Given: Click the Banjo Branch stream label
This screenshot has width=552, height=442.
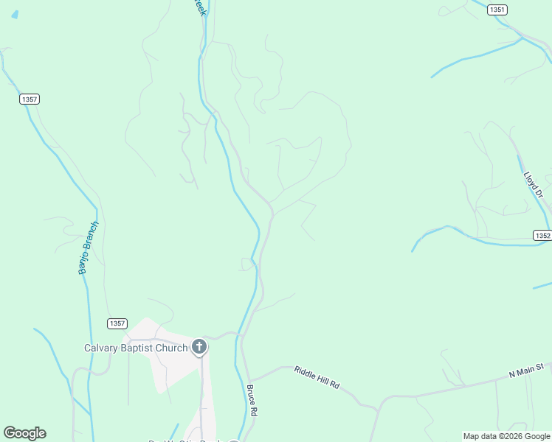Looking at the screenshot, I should click(x=88, y=248).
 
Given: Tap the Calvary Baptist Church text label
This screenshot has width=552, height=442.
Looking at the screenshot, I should click(x=135, y=348).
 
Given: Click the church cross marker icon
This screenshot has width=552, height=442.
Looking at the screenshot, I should click(x=199, y=347).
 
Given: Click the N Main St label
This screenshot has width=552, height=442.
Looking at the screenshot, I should click(x=526, y=371).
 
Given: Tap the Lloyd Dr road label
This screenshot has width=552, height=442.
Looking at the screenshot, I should click(x=533, y=185).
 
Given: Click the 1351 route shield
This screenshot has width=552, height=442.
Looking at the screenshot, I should click(x=497, y=10).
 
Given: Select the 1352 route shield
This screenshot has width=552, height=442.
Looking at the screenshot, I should click(x=542, y=235).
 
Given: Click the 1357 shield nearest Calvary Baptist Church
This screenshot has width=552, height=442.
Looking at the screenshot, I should click(x=117, y=323).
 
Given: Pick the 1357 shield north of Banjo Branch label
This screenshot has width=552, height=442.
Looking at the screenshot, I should click(x=30, y=99).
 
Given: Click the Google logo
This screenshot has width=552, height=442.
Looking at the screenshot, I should click(x=24, y=433).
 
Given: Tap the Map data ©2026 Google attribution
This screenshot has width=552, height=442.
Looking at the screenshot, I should click(x=506, y=436).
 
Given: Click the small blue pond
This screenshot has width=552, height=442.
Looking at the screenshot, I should click(x=15, y=14).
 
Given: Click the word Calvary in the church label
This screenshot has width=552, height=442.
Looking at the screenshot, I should click(x=100, y=348).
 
